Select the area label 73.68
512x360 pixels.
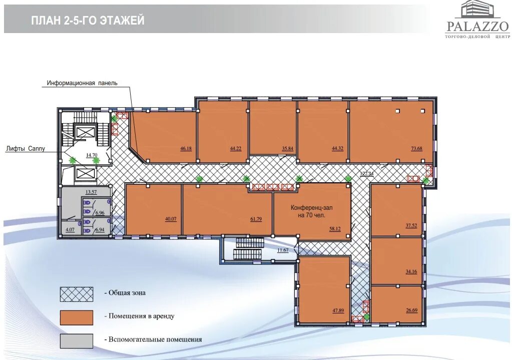[x=416, y=148]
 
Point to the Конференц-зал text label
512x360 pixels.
[x=311, y=207]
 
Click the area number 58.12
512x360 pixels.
[x=335, y=229]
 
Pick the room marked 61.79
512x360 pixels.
[x=227, y=210]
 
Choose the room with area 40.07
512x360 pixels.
[x=154, y=210]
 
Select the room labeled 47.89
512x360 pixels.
[x=324, y=289]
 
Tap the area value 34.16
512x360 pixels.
[x=411, y=271]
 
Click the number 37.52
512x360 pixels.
[x=411, y=225]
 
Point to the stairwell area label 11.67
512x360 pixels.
[x=283, y=250]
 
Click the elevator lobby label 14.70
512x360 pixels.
[x=91, y=155]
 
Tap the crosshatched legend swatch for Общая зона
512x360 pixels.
[x=77, y=294]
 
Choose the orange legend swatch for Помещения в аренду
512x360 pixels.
[x=77, y=317]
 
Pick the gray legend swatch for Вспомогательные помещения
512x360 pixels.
[x=77, y=341]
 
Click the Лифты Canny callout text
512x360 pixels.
[x=26, y=149]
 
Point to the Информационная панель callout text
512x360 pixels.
[x=82, y=83]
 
